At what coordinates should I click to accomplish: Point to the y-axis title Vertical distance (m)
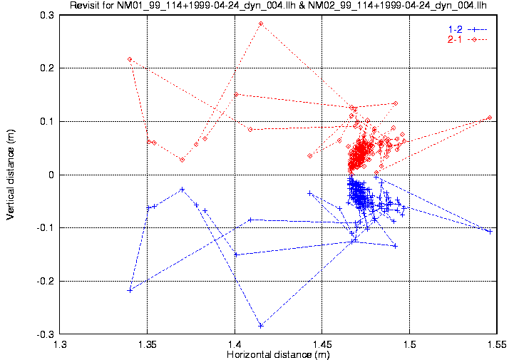click(x=11, y=175)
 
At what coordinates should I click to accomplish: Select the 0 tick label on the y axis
click(x=51, y=175)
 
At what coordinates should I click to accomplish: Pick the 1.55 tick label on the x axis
click(x=496, y=345)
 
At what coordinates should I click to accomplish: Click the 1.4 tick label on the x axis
click(x=235, y=345)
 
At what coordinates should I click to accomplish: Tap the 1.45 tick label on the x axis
click(x=322, y=345)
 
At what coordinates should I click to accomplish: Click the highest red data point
click(x=261, y=24)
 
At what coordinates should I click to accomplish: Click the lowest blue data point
click(x=261, y=326)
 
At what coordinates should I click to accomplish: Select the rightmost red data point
click(x=490, y=118)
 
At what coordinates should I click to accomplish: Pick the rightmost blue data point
click(x=490, y=232)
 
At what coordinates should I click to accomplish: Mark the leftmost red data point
click(x=130, y=59)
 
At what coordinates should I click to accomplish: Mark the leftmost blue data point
click(x=130, y=290)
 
